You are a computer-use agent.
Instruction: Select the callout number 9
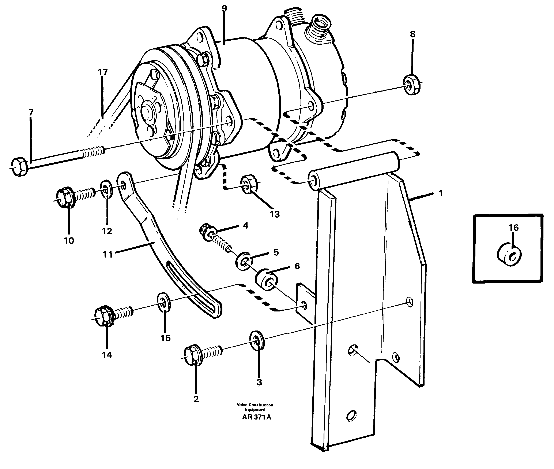(x=225, y=9)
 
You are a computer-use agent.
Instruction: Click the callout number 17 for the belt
(x=103, y=72)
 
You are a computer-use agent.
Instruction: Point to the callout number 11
(x=108, y=255)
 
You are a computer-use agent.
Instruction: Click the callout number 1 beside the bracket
(x=441, y=193)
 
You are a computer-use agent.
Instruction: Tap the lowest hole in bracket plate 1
(x=352, y=415)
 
